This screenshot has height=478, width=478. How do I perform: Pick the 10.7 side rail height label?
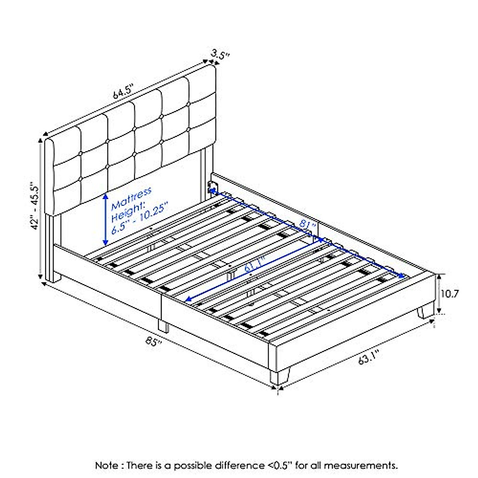tap(450, 294)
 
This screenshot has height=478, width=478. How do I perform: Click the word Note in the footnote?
tap(106, 465)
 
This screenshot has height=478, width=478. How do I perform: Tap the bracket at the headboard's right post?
tap(212, 187)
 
